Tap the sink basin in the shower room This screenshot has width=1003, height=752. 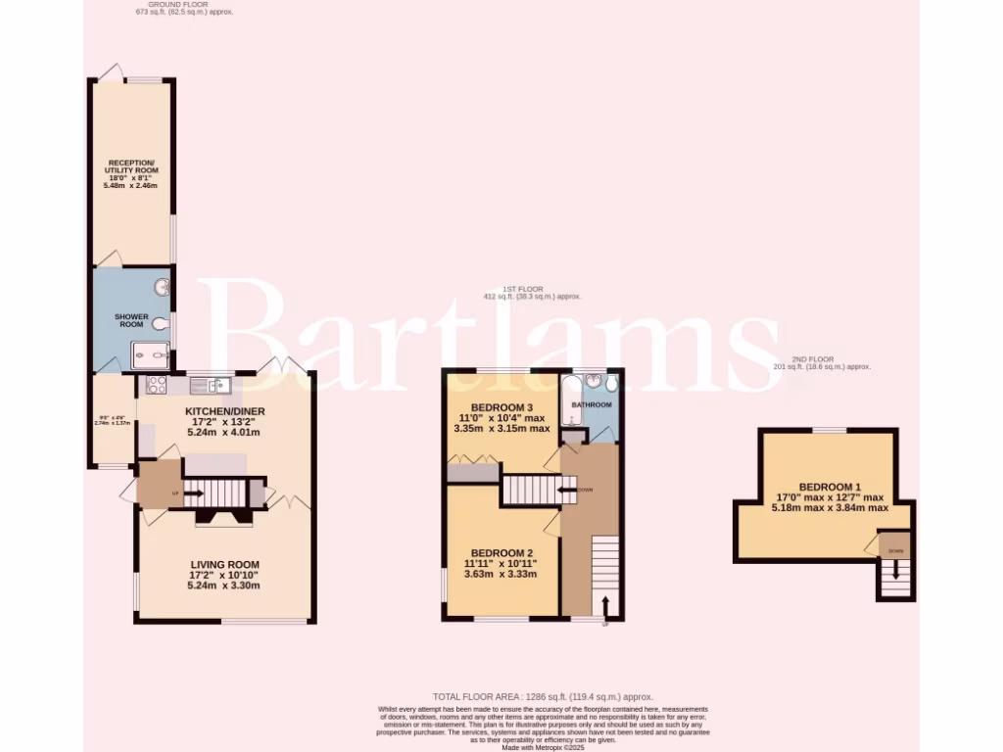[162, 288]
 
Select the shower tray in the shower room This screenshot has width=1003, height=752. [155, 355]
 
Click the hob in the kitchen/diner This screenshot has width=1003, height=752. [156, 384]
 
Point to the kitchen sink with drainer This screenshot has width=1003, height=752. [211, 383]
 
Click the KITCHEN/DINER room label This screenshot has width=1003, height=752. [225, 411]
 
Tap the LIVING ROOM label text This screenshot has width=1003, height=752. [225, 564]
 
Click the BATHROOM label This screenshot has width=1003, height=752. [592, 405]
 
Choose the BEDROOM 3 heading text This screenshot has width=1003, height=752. [501, 407]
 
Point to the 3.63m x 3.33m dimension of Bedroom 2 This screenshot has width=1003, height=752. [501, 575]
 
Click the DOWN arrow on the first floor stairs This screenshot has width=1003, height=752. [567, 490]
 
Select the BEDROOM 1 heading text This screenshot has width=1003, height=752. [828, 487]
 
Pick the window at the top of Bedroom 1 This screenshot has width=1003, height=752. [828, 430]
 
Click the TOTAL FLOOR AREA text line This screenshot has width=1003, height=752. [543, 696]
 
